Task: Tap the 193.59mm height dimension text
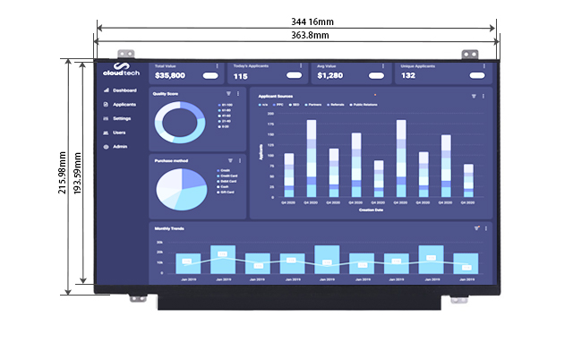pos(78,176)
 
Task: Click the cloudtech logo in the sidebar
pos(119,71)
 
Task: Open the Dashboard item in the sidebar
pos(124,90)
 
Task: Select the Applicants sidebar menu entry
pos(124,105)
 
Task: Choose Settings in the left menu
pos(123,118)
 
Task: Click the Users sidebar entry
pos(119,133)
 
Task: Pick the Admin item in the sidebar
pos(120,146)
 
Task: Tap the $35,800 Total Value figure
pos(170,76)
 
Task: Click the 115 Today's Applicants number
pos(241,76)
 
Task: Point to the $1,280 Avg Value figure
pos(330,76)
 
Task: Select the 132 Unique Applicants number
pos(408,76)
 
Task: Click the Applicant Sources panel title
pos(276,95)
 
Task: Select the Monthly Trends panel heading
pos(169,229)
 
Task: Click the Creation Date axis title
pos(372,211)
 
